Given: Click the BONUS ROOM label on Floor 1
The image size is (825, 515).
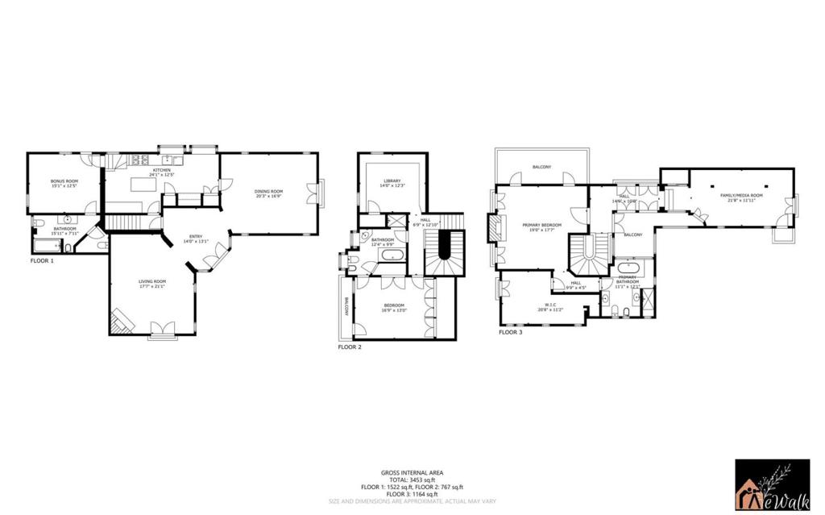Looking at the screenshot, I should pos(64,181).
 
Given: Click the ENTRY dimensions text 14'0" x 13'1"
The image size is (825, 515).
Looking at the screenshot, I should pos(196,242).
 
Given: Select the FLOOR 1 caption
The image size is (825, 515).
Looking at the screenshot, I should pos(42,261).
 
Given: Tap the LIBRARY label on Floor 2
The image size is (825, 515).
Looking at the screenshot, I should pos(391,181).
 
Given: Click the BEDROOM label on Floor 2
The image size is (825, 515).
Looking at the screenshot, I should pos(394,305).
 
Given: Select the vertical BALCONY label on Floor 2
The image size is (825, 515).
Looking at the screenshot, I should pos(347,311).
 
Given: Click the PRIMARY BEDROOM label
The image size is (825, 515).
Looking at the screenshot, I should pos(541,225).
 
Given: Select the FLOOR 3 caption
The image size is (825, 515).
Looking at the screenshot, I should pos(510,332).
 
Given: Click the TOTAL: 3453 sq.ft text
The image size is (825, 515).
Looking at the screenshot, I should pos(412,480).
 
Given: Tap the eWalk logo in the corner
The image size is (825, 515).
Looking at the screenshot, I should pos(772,485).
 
